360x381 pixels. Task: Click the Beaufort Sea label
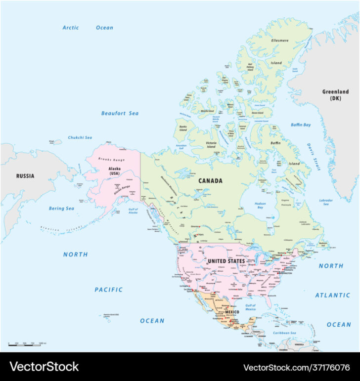pyautogui.click(x=120, y=113)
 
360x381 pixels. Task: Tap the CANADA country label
pyautogui.click(x=210, y=181)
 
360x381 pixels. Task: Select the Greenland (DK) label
pyautogui.click(x=335, y=94)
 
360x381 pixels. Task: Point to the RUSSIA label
pyautogui.click(x=25, y=175)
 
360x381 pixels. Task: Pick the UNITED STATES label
pyautogui.click(x=226, y=261)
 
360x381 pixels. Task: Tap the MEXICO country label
pyautogui.click(x=232, y=312)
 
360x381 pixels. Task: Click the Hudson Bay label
pyautogui.click(x=260, y=206)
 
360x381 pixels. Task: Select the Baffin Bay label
pyautogui.click(x=301, y=125)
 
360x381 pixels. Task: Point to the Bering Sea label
pyautogui.click(x=61, y=209)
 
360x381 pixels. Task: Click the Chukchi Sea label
pyautogui.click(x=80, y=137)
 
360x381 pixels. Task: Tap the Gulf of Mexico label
pyautogui.click(x=250, y=307)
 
